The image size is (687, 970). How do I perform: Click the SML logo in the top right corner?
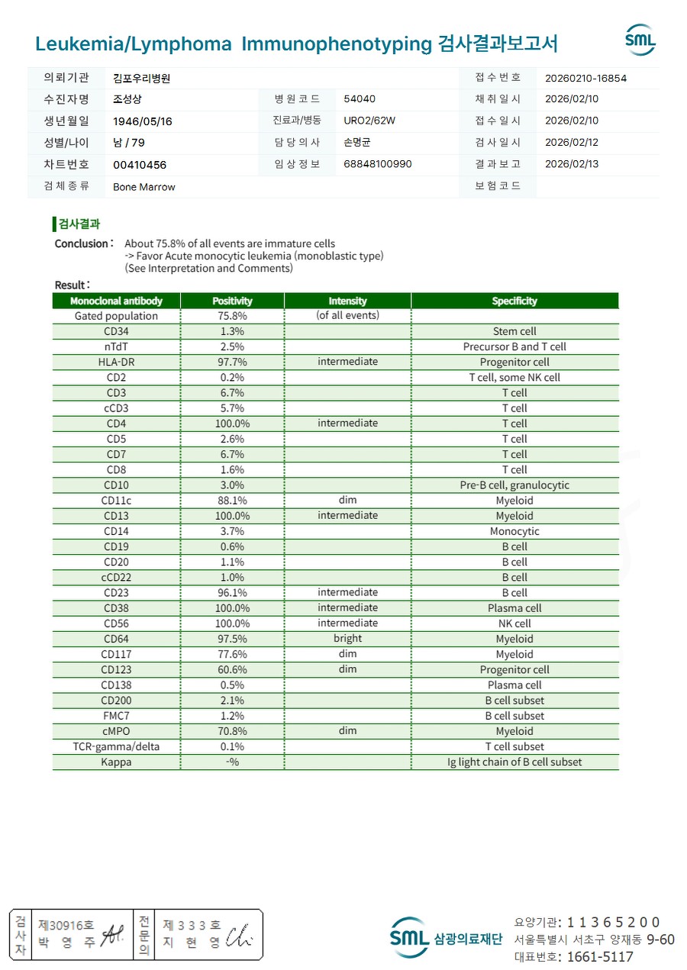(x=640, y=40)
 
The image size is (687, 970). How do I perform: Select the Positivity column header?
(x=232, y=301)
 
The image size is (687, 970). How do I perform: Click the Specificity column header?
(x=514, y=301)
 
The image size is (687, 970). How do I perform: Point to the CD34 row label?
(x=117, y=331)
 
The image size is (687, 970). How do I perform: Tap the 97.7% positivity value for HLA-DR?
(x=232, y=362)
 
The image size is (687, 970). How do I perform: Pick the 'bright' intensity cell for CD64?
(x=347, y=639)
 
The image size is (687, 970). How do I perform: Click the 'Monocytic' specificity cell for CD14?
(x=514, y=531)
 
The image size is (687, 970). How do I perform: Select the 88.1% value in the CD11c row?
(x=232, y=501)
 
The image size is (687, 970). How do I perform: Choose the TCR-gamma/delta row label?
(x=117, y=746)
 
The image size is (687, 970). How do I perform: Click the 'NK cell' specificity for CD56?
(x=514, y=624)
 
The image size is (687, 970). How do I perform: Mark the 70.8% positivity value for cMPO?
(x=232, y=731)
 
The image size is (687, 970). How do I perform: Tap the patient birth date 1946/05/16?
(x=143, y=121)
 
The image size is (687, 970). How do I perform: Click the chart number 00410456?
(x=140, y=165)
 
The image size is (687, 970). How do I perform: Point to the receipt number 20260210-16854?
(x=586, y=78)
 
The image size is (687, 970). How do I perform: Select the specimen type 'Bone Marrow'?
(x=144, y=187)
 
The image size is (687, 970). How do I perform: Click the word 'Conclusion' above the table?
(x=82, y=243)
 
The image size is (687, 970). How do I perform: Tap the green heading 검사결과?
(x=79, y=224)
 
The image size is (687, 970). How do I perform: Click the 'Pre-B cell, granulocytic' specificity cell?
(x=514, y=485)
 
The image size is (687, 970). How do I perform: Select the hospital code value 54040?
(x=360, y=99)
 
